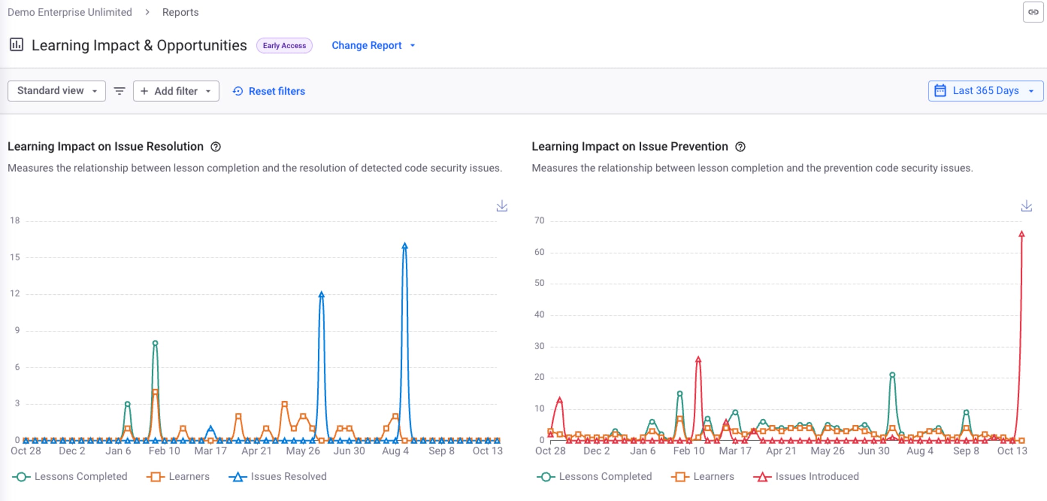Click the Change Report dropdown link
pos(373,45)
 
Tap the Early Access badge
pos(284,45)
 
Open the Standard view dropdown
pos(57,91)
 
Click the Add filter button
pos(176,91)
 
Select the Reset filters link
pos(269,91)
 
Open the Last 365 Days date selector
pos(985,91)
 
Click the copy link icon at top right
pos(1033,12)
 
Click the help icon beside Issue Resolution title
pos(216,147)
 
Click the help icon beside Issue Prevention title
pos(740,147)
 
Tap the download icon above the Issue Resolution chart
pos(502,206)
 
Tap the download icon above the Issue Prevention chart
pos(1026,206)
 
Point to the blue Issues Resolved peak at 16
pos(404,246)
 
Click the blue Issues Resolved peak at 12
pos(321,294)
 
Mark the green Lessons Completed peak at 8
pos(155,343)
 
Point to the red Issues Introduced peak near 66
pos(1022,234)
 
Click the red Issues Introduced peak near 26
pos(698,359)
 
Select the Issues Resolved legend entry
pos(278,476)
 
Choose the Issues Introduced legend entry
pos(806,476)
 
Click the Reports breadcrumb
pos(180,12)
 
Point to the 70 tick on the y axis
pos(539,221)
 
